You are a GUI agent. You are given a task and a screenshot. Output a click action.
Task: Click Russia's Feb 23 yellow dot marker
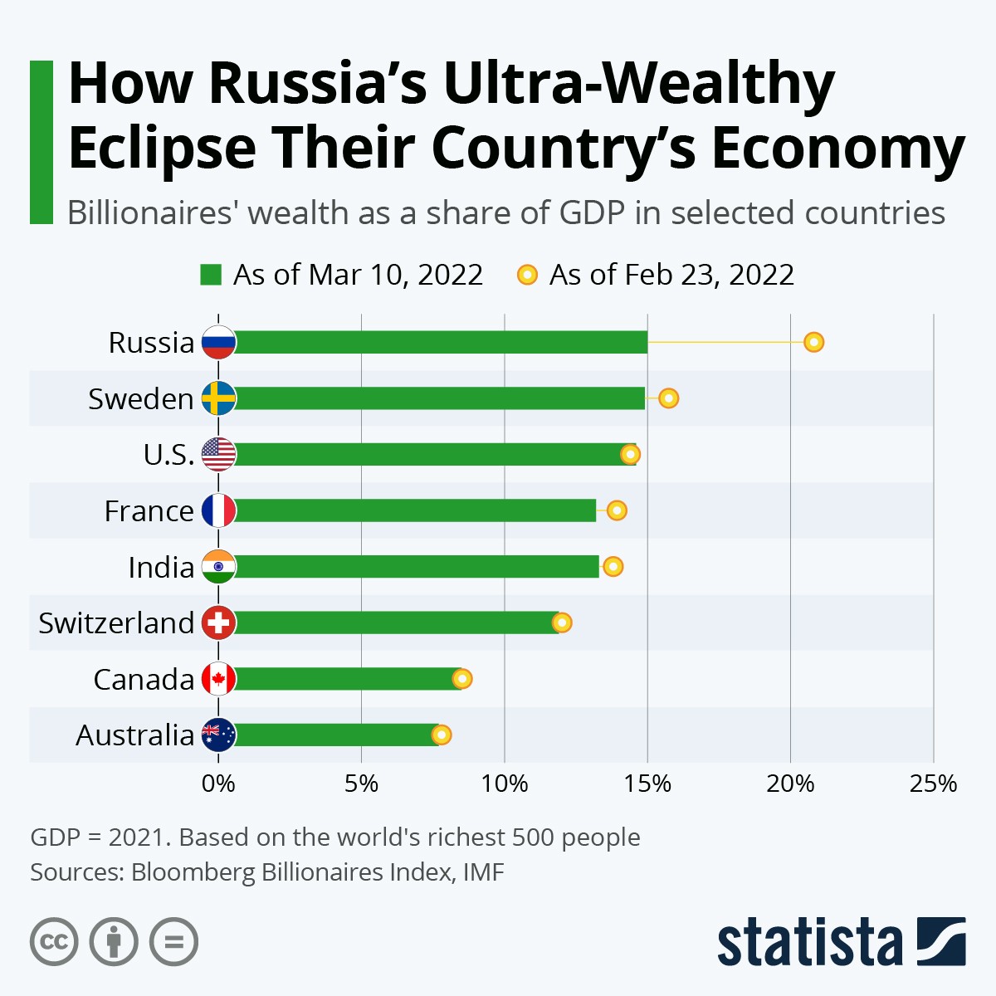(814, 342)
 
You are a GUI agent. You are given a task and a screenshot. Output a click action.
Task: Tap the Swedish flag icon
(219, 398)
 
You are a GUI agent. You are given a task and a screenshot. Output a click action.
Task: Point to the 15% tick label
(647, 784)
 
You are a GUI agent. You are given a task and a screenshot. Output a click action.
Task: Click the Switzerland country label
(116, 622)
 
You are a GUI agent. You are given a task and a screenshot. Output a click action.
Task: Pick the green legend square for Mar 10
(211, 275)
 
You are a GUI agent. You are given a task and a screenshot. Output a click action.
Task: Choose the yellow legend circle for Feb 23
(527, 275)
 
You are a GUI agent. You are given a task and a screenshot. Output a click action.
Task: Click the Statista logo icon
(941, 941)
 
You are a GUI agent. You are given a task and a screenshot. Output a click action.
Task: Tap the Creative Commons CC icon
(54, 942)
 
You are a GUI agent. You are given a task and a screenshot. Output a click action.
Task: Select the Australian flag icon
(219, 735)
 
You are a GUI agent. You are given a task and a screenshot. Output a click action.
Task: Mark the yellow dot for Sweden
(668, 398)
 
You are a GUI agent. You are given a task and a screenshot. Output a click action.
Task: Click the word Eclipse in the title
(162, 148)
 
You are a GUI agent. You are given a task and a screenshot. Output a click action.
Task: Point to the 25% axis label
(933, 784)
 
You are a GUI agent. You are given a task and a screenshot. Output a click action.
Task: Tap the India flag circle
(219, 567)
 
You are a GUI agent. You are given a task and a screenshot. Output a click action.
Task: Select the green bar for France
(415, 510)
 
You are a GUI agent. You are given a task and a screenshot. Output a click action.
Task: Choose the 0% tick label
(218, 784)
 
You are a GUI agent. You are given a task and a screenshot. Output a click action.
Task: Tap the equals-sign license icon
(173, 942)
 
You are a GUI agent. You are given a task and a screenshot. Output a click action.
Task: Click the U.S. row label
(169, 455)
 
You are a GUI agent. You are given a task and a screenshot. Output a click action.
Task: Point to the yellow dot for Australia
(442, 735)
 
